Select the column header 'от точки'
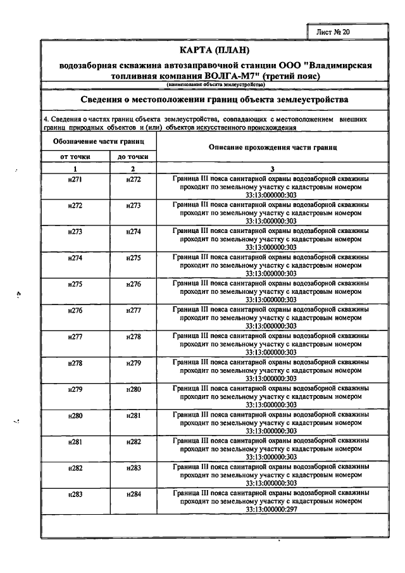(x=75, y=156)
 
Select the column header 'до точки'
(x=133, y=156)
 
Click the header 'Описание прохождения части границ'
(x=272, y=147)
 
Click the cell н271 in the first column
(x=75, y=179)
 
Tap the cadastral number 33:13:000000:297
(x=272, y=508)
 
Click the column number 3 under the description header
(x=272, y=168)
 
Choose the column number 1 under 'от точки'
(x=75, y=168)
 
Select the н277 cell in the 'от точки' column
(x=75, y=336)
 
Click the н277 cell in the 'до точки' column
(x=133, y=310)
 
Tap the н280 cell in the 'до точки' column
(x=133, y=388)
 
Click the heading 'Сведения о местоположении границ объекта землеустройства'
(x=215, y=100)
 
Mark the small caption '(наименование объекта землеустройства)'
(x=215, y=85)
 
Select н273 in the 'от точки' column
(x=75, y=232)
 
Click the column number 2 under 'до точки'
(x=133, y=168)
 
